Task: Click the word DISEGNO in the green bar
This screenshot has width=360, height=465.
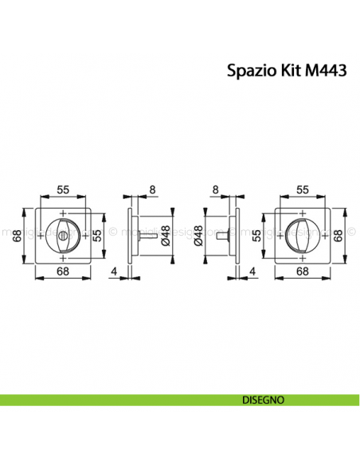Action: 260,399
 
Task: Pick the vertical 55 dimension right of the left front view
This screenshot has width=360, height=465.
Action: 96,235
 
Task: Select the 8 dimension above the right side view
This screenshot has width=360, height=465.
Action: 215,190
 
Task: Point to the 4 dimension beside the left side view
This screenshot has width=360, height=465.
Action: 116,271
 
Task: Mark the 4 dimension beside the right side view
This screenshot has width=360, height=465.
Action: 252,271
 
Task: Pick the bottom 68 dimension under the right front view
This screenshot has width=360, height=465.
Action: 302,271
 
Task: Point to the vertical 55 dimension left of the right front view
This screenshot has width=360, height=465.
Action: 256,235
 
